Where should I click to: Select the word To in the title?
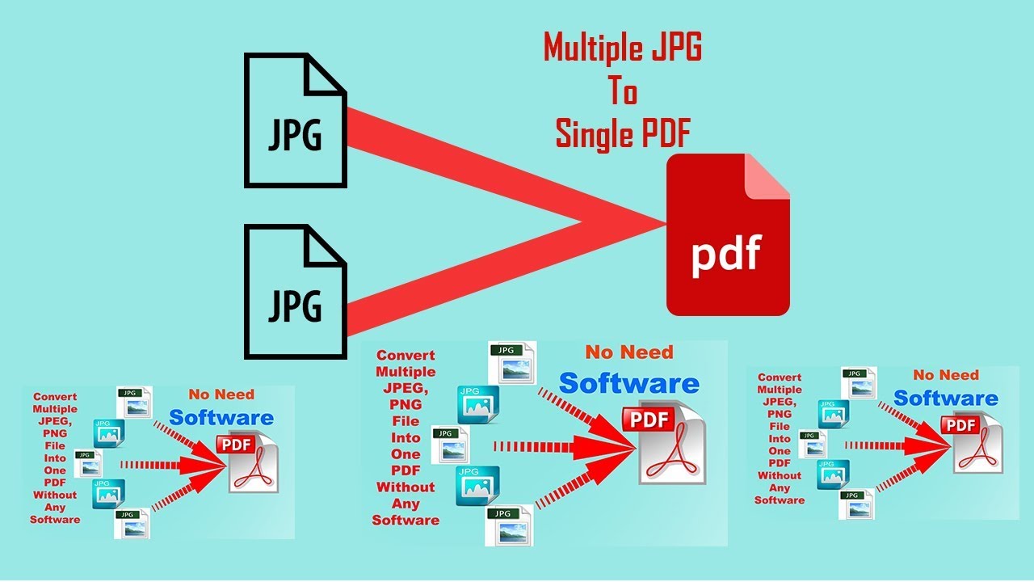tap(623, 92)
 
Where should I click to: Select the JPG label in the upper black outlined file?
tap(295, 135)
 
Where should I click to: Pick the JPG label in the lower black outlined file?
tap(295, 306)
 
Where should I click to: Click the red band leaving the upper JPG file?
tap(452, 162)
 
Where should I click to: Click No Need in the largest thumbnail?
tap(628, 352)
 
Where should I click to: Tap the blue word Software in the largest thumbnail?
tap(628, 383)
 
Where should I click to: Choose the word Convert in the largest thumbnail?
tap(406, 355)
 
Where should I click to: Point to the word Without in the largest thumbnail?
tap(406, 487)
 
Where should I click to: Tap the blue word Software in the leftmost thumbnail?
tap(221, 418)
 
